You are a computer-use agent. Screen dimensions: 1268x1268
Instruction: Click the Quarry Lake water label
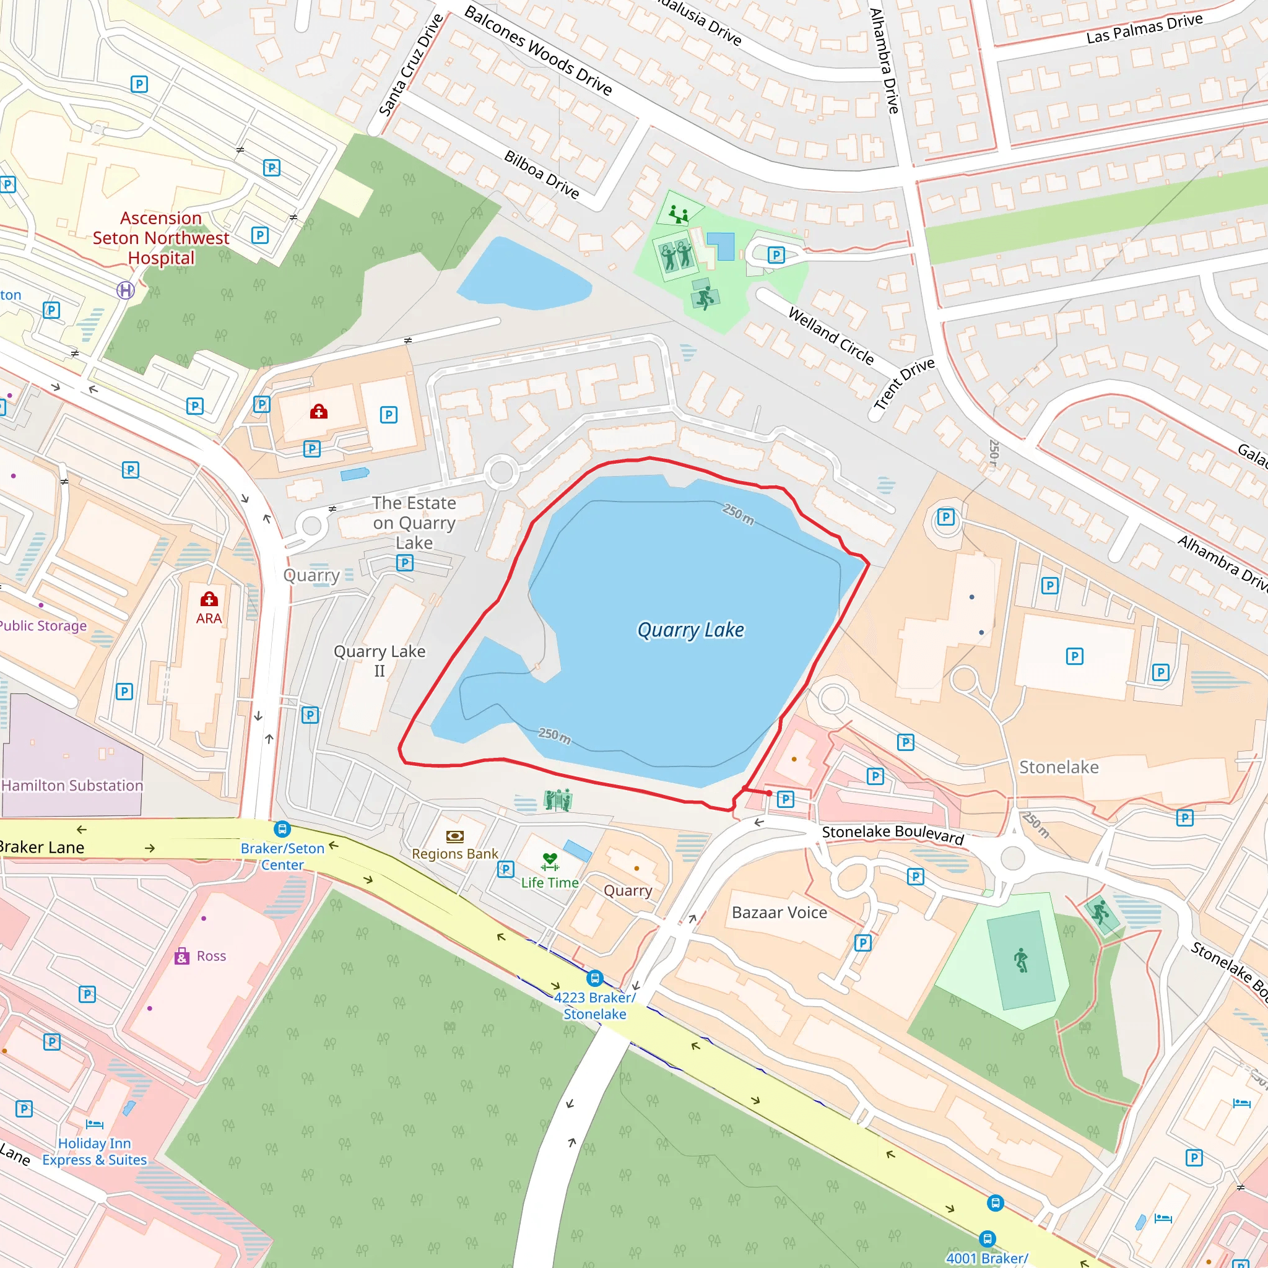(x=690, y=630)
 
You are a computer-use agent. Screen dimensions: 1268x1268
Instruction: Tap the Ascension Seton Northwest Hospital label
(x=161, y=238)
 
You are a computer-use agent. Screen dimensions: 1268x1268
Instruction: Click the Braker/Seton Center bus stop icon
(x=282, y=829)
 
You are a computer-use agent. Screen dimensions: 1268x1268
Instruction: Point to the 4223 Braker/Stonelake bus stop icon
(x=594, y=979)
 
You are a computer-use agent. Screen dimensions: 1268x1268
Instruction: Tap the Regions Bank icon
(x=455, y=836)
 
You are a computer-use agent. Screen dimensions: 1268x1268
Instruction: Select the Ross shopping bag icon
(x=182, y=956)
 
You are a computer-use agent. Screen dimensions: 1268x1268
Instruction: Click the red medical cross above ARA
(x=209, y=599)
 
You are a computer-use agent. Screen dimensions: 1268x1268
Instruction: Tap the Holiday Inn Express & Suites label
(x=95, y=1152)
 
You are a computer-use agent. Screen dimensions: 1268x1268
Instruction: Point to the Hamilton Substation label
(x=72, y=786)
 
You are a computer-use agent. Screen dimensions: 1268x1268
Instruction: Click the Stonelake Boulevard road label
(x=893, y=834)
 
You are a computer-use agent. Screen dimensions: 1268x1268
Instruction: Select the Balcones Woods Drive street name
(x=538, y=51)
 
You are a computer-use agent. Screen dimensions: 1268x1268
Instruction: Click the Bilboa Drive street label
(x=542, y=175)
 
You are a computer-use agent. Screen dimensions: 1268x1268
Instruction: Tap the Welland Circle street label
(x=831, y=336)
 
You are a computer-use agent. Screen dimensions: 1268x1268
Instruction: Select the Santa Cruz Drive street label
(x=412, y=65)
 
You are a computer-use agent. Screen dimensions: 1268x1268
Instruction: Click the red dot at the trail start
(x=769, y=793)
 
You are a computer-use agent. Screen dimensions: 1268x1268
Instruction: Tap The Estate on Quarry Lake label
(x=414, y=523)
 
